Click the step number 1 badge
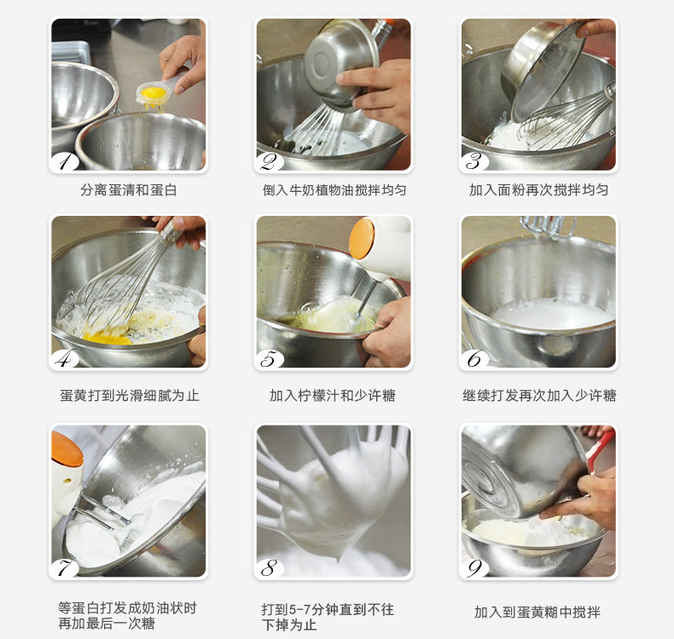pyautogui.click(x=65, y=162)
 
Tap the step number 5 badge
pyautogui.click(x=270, y=359)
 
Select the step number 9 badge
pyautogui.click(x=475, y=568)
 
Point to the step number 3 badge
pyautogui.click(x=475, y=162)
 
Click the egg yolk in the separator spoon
pyautogui.click(x=154, y=93)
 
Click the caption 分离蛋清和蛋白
pyautogui.click(x=129, y=189)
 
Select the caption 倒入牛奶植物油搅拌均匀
pyautogui.click(x=334, y=189)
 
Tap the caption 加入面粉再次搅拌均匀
pyautogui.click(x=538, y=189)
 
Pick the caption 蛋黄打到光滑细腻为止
pyautogui.click(x=130, y=395)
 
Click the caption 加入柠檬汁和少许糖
pyautogui.click(x=332, y=395)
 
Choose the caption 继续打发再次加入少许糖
pyautogui.click(x=539, y=395)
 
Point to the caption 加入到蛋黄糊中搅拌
pyautogui.click(x=537, y=612)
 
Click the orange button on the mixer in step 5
pyautogui.click(x=362, y=239)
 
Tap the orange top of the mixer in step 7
pyautogui.click(x=67, y=450)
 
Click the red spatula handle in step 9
pyautogui.click(x=600, y=449)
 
